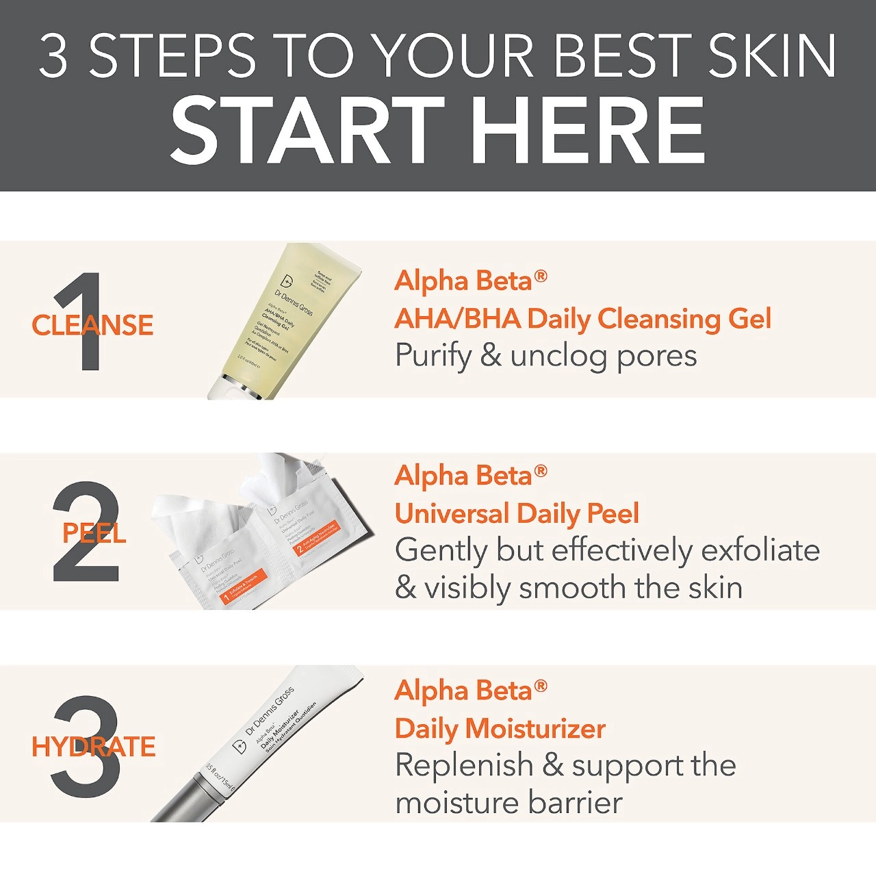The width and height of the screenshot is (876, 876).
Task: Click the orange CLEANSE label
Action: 92,325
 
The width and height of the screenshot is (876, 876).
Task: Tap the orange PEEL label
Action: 94,533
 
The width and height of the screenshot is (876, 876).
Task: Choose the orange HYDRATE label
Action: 94,747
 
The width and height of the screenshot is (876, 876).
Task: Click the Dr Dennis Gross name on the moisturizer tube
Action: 270,712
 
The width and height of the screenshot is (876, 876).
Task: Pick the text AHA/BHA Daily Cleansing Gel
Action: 582,318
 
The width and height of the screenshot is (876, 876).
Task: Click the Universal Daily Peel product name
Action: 517,513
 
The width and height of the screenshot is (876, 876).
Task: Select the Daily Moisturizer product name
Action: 500,729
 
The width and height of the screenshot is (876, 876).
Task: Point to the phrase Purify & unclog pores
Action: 545,356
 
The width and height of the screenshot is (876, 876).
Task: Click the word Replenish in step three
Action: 463,765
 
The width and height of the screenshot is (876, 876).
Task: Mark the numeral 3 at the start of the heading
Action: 53,56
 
